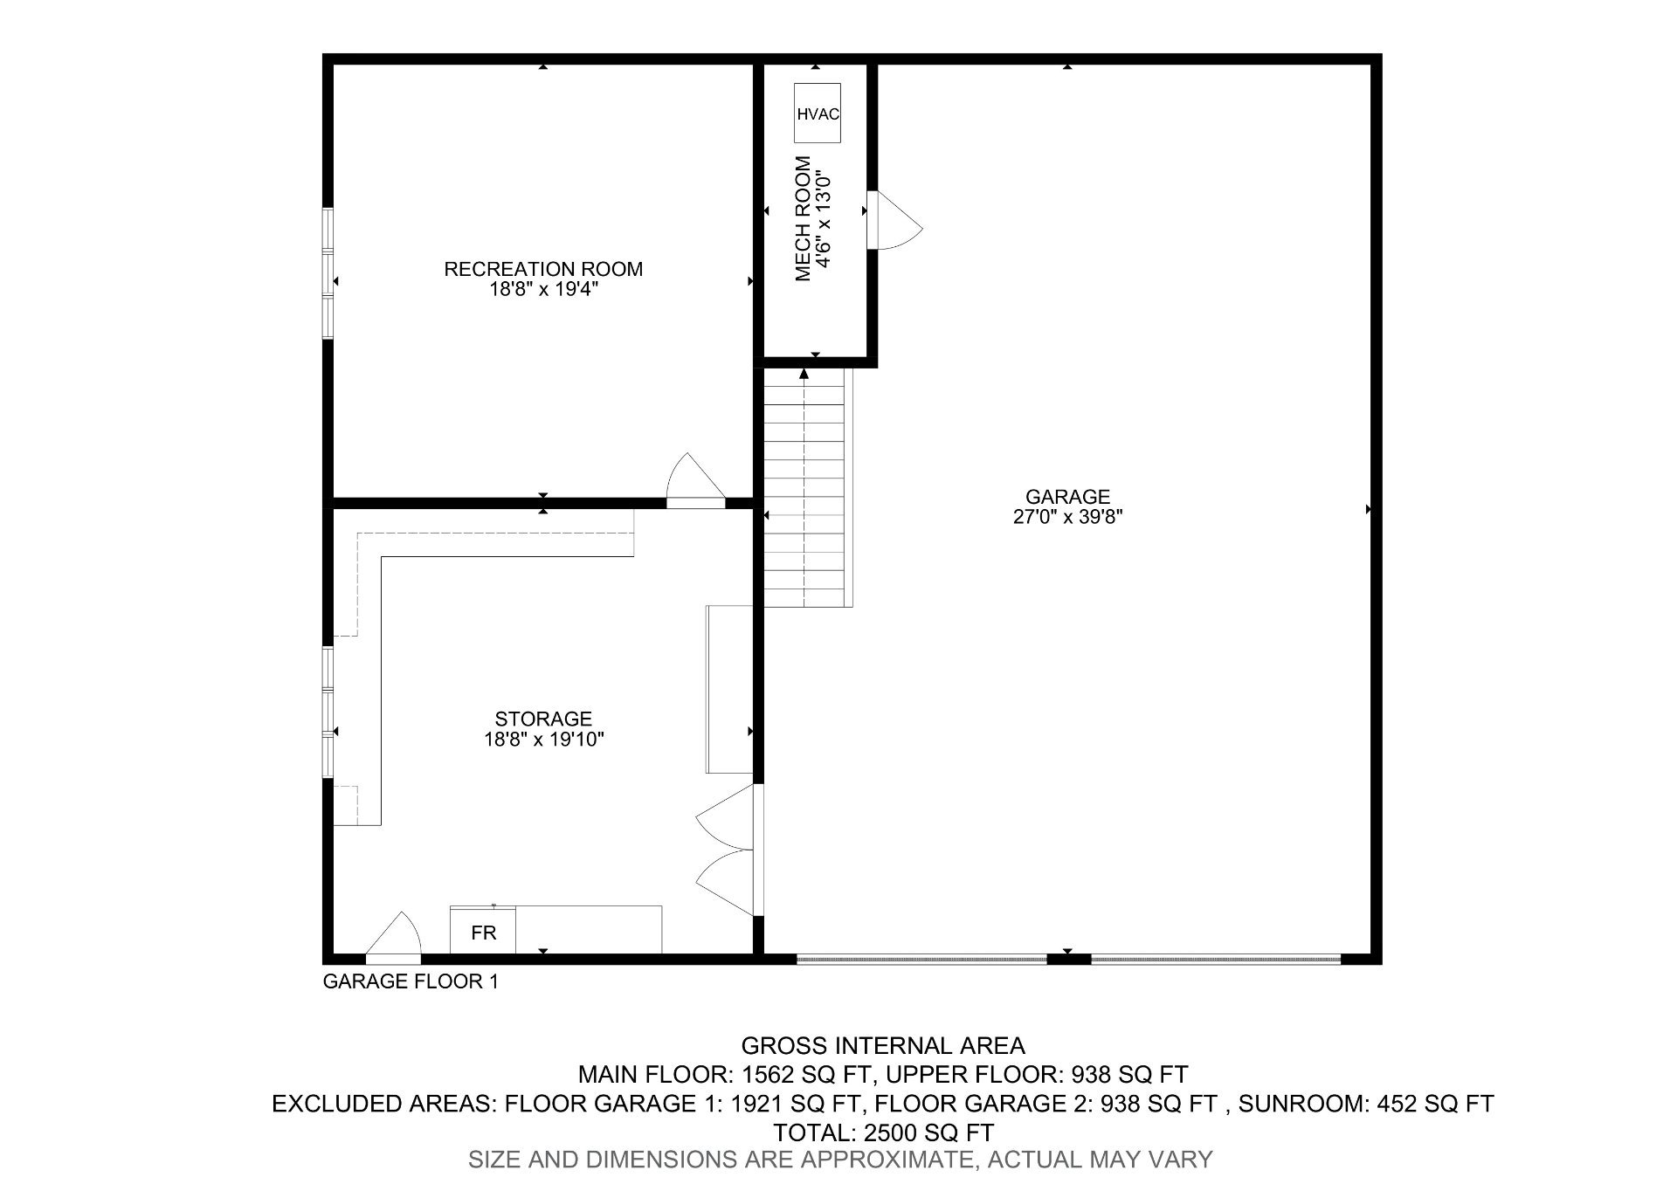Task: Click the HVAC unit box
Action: (x=818, y=114)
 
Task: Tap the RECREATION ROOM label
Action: (x=543, y=269)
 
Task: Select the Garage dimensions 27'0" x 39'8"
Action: (x=1067, y=517)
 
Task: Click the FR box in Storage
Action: (x=483, y=932)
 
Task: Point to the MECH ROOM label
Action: (x=804, y=218)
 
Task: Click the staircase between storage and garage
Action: (x=804, y=489)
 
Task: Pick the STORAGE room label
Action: (x=543, y=719)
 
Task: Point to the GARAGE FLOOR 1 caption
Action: (x=411, y=981)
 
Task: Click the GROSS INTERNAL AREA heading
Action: (x=882, y=1045)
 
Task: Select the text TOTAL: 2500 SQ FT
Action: (x=882, y=1132)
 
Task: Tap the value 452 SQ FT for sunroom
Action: (x=1434, y=1104)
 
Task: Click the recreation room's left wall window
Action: (x=328, y=273)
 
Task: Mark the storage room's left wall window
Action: (x=328, y=712)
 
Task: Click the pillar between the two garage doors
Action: (x=1068, y=959)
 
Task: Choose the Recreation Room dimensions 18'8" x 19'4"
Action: (x=543, y=290)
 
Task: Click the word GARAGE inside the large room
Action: (x=1067, y=497)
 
